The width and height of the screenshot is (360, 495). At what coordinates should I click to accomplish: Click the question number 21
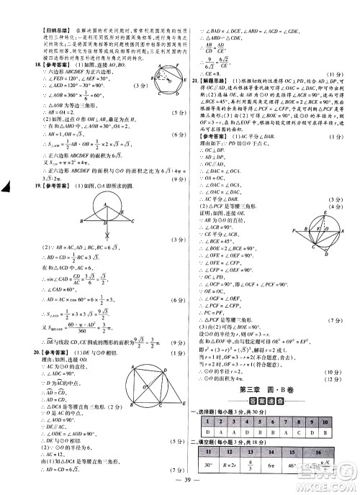pos(189,81)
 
